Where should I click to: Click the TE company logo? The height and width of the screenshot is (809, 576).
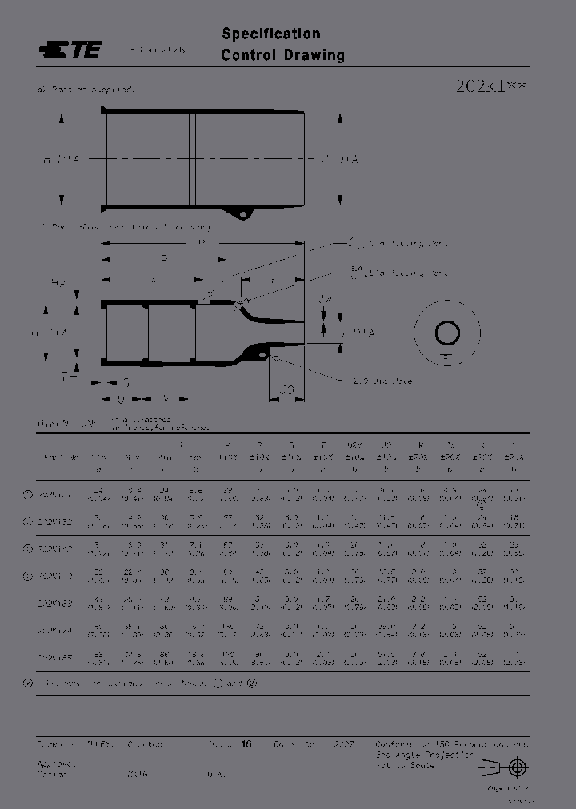tap(70, 50)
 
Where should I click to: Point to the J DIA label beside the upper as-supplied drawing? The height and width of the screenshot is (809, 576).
tap(340, 159)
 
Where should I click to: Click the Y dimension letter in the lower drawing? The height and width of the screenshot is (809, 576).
tap(273, 280)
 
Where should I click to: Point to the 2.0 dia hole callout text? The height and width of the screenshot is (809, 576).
tap(380, 381)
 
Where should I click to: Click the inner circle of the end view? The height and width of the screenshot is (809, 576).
tap(446, 333)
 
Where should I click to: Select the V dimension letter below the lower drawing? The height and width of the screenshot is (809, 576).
tap(166, 397)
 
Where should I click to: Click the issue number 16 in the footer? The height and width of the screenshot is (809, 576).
tap(246, 743)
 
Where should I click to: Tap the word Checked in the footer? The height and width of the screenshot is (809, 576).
tap(145, 743)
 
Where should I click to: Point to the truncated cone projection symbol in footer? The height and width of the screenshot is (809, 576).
tap(490, 767)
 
